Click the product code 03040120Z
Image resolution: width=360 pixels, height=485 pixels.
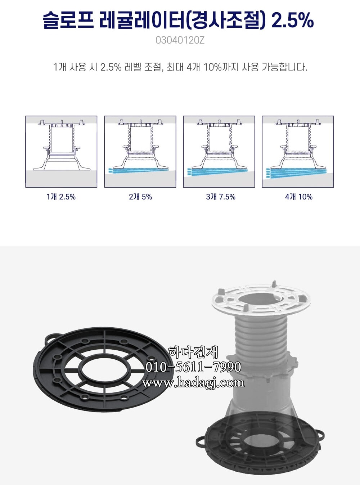(180, 40)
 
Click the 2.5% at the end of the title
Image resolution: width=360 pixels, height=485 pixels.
(292, 20)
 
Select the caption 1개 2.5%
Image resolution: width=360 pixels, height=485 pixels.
(61, 197)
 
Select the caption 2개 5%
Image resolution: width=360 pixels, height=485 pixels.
(140, 197)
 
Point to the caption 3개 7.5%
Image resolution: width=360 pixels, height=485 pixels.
(220, 197)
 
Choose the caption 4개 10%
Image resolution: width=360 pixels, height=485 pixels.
(298, 197)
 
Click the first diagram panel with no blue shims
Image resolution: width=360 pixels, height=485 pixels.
(61, 151)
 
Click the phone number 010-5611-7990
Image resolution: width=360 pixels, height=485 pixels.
(193, 367)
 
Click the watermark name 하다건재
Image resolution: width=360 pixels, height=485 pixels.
(193, 352)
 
